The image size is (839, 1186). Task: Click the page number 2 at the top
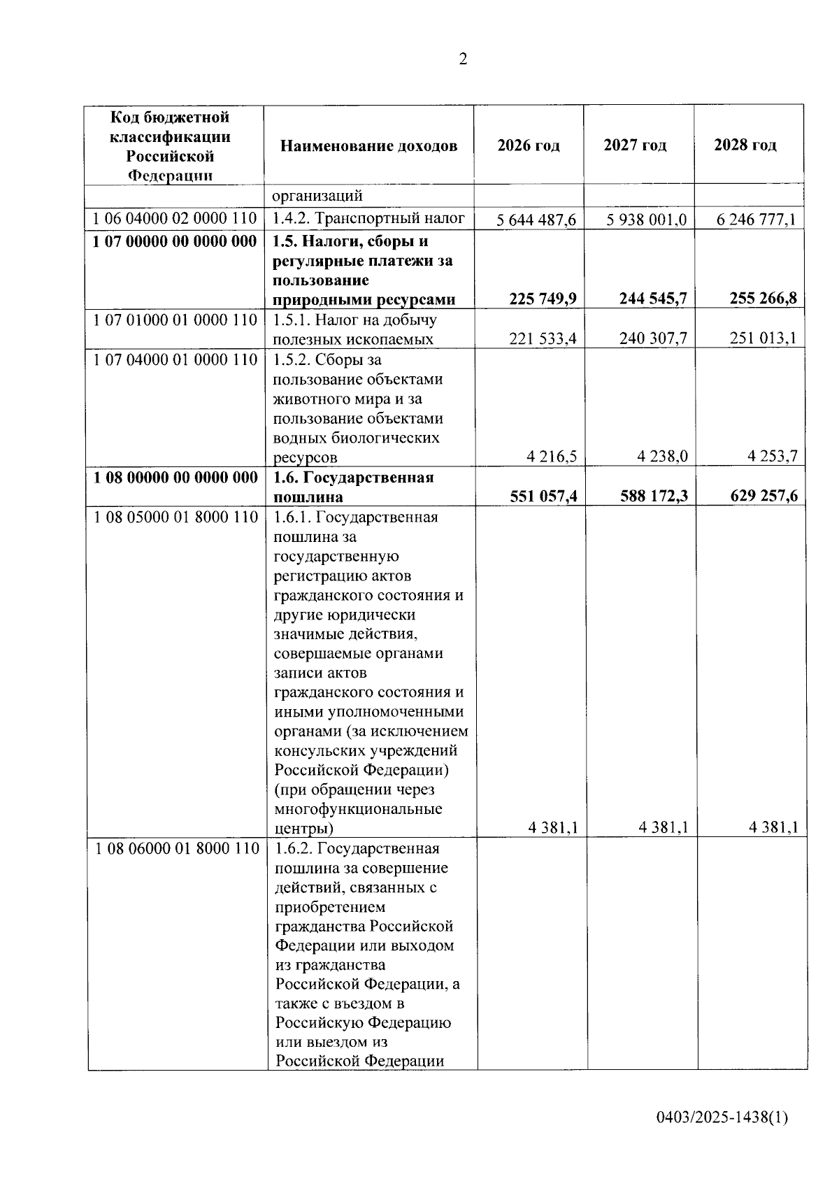click(462, 59)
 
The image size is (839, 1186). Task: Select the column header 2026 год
click(529, 145)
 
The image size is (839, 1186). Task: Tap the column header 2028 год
click(745, 145)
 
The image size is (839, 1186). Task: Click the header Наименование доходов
click(369, 145)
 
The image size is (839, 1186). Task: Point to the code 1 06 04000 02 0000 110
click(175, 219)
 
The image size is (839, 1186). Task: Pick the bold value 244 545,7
click(653, 299)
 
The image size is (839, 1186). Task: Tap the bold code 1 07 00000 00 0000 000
click(175, 241)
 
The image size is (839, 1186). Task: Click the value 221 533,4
click(543, 339)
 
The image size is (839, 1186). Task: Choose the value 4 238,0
click(662, 457)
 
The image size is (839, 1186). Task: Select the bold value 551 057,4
click(543, 496)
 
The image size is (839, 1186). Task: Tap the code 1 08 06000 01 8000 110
click(177, 848)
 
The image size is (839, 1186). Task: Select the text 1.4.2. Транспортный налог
click(368, 219)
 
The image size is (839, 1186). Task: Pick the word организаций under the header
click(317, 196)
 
